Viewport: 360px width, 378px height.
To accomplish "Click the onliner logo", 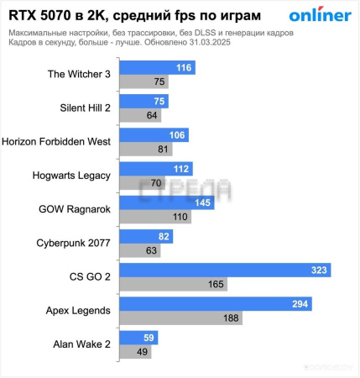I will (x=320, y=15).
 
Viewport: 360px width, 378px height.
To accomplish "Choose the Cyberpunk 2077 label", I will (x=72, y=244).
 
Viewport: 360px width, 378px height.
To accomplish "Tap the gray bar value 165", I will (x=216, y=285).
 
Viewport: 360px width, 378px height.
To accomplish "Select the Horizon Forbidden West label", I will (x=57, y=142).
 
